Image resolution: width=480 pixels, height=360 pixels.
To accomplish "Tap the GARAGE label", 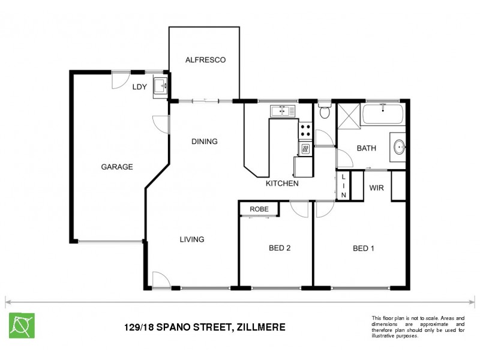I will pos(116,167).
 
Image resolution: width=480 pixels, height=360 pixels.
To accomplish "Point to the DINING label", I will pos(204,142).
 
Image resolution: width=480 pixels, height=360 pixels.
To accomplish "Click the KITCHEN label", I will pos(282,184).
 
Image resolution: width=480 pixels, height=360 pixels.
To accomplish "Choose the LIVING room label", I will pos(192,239).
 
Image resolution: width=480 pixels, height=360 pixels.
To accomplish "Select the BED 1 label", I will pos(363,248).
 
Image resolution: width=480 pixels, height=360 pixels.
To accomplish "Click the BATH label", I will pos(366,148).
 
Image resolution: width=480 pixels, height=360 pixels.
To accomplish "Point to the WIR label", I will pos(376,188).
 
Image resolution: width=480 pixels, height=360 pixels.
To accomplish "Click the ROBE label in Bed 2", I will pos(259,209).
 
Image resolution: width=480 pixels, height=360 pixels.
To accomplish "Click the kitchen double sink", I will pos(280,111).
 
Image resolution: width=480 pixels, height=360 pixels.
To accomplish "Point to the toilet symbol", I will pos(325,112).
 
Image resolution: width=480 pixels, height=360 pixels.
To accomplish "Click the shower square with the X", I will pos(347,115).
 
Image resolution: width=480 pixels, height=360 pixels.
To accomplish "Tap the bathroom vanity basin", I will pos(399,146).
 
